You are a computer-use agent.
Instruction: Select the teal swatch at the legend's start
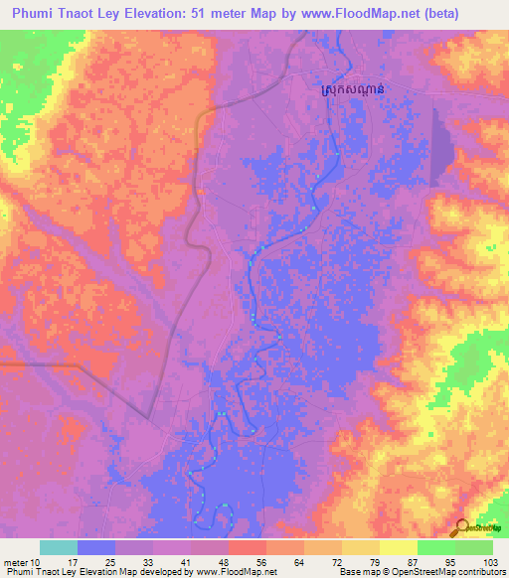tap(58, 547)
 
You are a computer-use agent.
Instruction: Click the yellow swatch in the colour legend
tap(398, 547)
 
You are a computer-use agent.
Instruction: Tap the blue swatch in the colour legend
tap(95, 547)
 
